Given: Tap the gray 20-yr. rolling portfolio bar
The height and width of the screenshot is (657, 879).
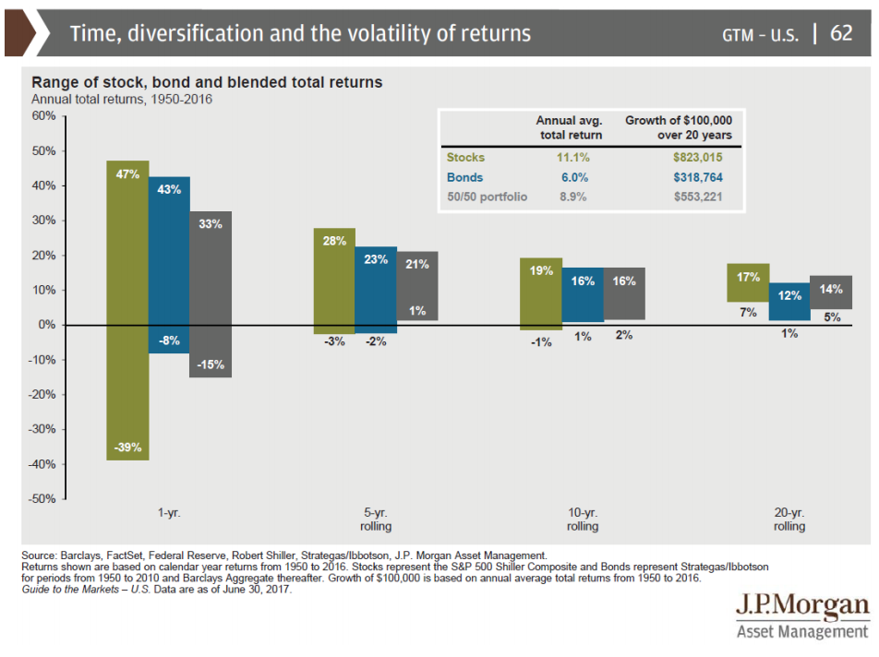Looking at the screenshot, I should [x=831, y=293].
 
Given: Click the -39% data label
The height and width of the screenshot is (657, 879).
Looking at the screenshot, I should [x=127, y=448].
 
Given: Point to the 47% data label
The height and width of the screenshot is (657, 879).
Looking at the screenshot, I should [x=127, y=173].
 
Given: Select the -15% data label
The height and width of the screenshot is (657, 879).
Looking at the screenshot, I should [x=211, y=364].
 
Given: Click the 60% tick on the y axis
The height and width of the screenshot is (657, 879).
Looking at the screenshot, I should [x=43, y=116].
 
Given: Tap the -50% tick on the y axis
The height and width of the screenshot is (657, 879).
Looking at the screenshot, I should [x=42, y=499].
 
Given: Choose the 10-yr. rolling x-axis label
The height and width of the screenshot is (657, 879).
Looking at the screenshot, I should [x=583, y=520].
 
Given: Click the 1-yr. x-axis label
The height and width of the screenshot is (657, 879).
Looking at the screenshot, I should [x=169, y=513].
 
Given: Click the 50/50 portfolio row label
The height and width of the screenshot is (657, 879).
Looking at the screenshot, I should [x=487, y=197].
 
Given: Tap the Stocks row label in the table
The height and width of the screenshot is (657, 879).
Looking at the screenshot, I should [x=465, y=158].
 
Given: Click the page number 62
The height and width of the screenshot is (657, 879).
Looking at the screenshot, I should [x=841, y=34].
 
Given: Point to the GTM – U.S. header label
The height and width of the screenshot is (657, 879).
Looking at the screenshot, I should [x=763, y=35].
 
